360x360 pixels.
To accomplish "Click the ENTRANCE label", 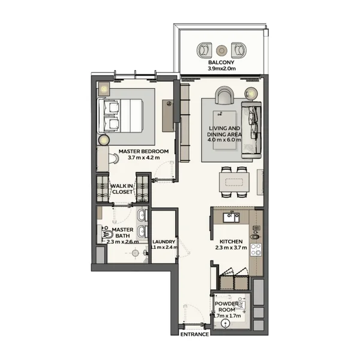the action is (194, 334).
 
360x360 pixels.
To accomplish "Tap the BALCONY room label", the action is (221, 62).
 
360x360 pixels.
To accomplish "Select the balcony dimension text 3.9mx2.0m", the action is (221, 68).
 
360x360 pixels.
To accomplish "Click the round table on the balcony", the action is (221, 50).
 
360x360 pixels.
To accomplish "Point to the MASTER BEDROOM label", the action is (144, 151).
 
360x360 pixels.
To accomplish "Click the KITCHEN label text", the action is (231, 242).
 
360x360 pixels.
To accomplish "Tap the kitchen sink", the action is (231, 217).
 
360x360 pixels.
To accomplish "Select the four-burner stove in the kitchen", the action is (256, 250).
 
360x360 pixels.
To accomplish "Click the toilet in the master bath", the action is (107, 235).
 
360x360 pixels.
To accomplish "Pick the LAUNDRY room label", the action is (164, 242).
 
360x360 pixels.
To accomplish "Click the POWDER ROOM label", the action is (227, 307).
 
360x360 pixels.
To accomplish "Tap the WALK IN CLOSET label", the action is (122, 189).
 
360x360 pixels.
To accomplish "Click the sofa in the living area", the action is (251, 130).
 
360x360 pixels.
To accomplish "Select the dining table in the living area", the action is (234, 182).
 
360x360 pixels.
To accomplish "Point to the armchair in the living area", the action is (224, 95).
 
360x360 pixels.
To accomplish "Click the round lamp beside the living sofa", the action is (251, 93).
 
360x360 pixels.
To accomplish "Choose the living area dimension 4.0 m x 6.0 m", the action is (224, 140).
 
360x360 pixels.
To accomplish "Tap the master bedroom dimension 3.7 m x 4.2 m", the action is (144, 158).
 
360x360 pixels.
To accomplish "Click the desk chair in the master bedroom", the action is (114, 158).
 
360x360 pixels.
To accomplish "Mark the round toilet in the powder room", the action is (226, 323).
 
